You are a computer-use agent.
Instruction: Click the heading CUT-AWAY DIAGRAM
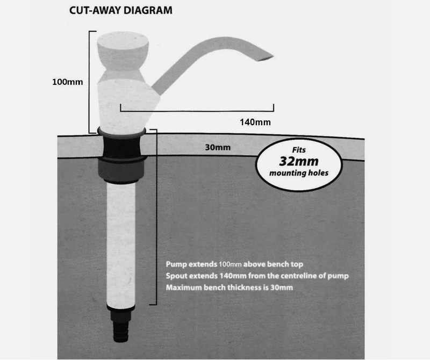(119, 10)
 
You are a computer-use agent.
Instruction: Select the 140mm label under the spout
(255, 122)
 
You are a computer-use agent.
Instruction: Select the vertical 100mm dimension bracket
(90, 81)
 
